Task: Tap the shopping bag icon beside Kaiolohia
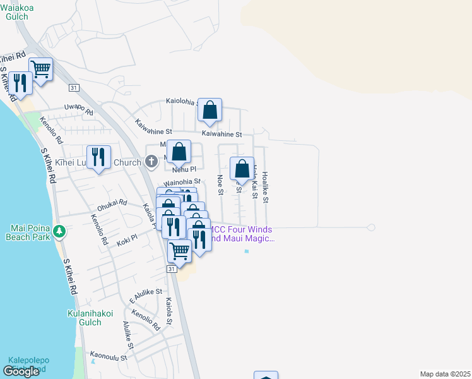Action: [209, 111]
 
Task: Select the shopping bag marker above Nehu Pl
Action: [179, 152]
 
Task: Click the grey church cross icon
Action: [151, 162]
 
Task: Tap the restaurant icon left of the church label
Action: [98, 157]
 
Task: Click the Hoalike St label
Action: [266, 188]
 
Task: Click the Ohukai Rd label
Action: [112, 205]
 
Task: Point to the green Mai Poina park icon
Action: [59, 232]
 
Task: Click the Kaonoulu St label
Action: [109, 357]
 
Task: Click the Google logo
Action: [21, 371]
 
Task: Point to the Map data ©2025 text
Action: [445, 374]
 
